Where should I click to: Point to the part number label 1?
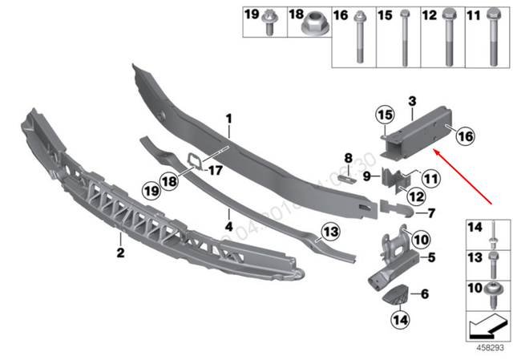[x=228, y=119]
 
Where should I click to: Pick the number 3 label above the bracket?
[x=411, y=101]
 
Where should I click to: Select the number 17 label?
[x=214, y=170]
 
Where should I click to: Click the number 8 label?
[x=348, y=157]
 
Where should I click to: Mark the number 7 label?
[x=431, y=213]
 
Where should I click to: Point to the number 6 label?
[x=426, y=295]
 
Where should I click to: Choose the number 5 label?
[x=431, y=257]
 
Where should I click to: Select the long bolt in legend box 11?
[x=493, y=40]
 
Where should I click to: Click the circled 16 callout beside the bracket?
[x=466, y=137]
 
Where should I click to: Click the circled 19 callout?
[x=151, y=189]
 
